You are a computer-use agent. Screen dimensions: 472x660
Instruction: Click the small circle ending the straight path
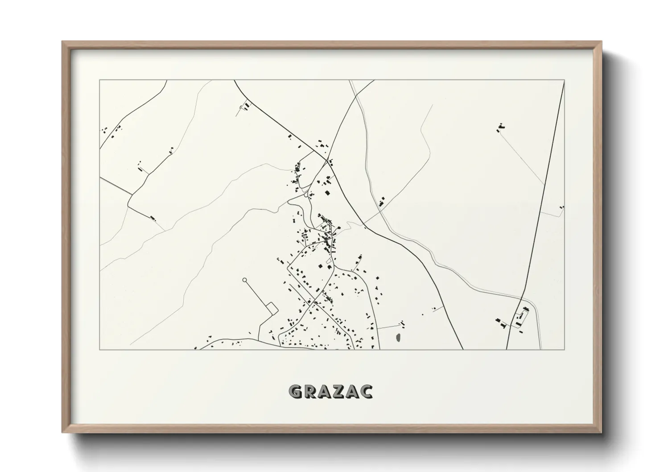pyautogui.click(x=244, y=280)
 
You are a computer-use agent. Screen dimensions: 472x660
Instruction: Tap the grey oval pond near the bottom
pyautogui.click(x=398, y=338)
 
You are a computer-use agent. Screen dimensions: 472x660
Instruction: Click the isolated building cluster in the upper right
pyautogui.click(x=500, y=128)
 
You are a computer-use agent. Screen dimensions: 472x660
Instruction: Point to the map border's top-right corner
pyautogui.click(x=565, y=80)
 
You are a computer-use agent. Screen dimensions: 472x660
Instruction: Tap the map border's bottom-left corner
pyautogui.click(x=100, y=349)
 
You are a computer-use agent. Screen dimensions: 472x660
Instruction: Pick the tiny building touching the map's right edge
pyautogui.click(x=562, y=207)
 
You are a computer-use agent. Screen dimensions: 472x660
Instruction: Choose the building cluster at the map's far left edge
pyautogui.click(x=105, y=131)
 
